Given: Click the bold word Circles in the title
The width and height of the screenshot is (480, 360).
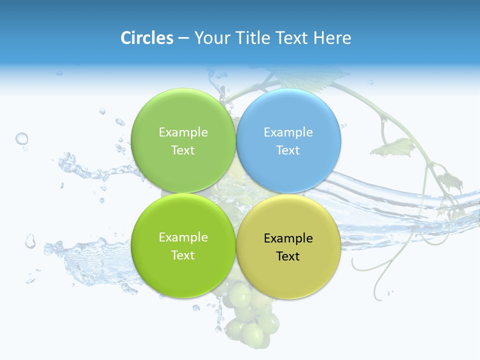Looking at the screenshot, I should (147, 38).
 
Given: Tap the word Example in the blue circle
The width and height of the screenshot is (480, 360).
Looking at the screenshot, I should (288, 132).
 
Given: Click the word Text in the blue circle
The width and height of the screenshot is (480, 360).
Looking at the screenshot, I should (288, 150).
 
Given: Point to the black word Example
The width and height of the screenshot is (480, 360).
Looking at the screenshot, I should (288, 238).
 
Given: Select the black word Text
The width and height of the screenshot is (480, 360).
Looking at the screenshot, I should (288, 256).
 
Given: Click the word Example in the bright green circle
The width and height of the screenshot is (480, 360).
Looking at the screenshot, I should (183, 237).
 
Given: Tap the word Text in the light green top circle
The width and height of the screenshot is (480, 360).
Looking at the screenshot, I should (183, 150).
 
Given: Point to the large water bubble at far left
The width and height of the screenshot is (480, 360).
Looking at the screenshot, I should (21, 138).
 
